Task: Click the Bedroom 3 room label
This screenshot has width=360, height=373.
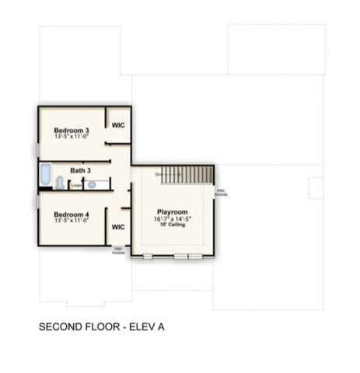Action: click(72, 130)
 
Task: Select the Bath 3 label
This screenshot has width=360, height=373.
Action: click(81, 170)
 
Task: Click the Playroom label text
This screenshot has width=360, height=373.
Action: click(172, 211)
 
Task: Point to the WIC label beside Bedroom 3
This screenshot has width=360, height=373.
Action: click(118, 125)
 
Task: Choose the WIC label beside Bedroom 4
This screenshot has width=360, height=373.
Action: click(118, 227)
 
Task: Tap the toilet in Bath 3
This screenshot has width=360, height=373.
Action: click(60, 183)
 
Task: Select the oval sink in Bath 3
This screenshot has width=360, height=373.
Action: click(92, 185)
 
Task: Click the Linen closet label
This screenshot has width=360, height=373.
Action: click(76, 185)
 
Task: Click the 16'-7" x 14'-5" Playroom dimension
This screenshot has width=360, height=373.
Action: click(172, 219)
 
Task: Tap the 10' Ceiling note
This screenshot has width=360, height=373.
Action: click(172, 225)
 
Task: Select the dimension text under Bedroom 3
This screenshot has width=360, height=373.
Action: click(72, 137)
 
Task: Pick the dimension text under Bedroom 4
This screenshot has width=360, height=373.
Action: click(72, 220)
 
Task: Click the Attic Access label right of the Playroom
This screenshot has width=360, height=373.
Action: click(221, 192)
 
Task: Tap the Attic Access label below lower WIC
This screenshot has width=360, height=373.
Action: click(118, 251)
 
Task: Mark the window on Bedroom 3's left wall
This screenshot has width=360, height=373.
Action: click(37, 148)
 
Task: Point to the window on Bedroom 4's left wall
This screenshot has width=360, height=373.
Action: click(37, 200)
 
